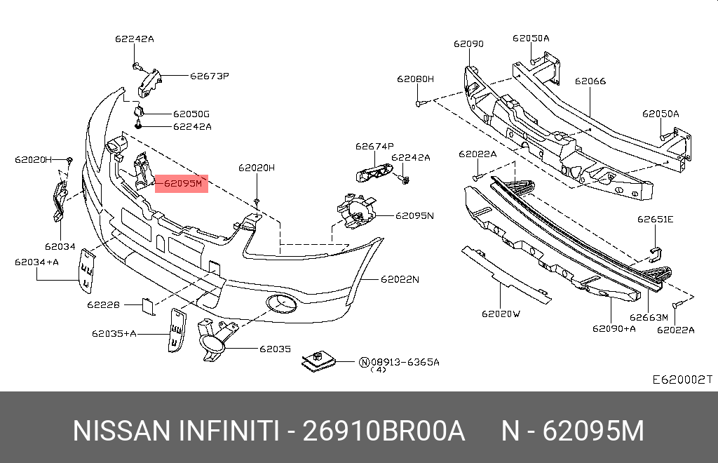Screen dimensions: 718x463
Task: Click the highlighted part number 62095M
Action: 182,184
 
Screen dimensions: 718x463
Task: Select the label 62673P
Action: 210,75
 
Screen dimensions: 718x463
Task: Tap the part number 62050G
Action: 191,114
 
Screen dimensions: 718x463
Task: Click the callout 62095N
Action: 414,215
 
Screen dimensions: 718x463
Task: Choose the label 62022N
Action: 400,279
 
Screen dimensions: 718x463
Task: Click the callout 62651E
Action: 655,220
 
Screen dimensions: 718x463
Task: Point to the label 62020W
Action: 501,314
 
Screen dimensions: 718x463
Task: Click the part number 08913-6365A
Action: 405,362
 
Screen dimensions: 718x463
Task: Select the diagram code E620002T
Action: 682,380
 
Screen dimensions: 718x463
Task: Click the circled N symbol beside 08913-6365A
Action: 364,362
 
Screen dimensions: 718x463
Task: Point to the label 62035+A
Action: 114,333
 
